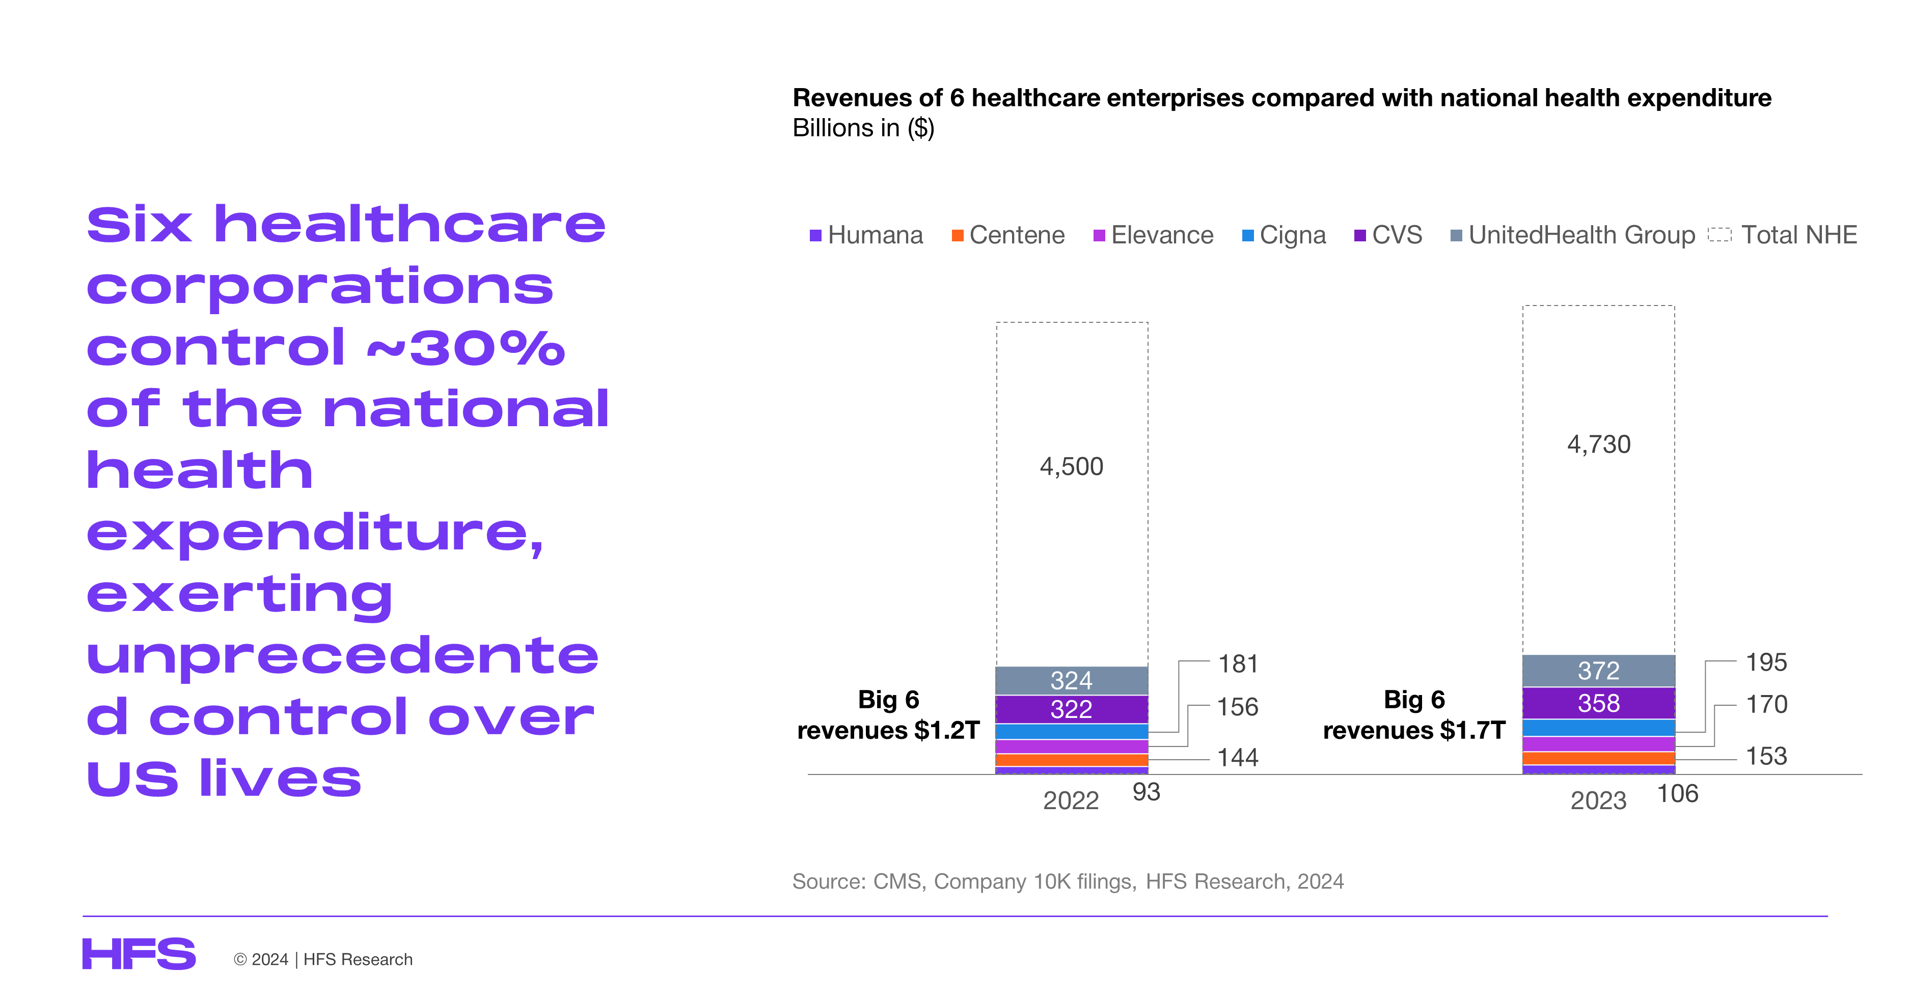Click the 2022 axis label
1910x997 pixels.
click(1071, 800)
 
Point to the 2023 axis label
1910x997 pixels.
click(1599, 800)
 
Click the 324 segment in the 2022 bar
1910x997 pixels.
click(1072, 680)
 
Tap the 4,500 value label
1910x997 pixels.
click(1072, 466)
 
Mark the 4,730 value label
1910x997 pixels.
click(1599, 444)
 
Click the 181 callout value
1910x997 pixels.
click(1238, 663)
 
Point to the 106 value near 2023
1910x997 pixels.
click(1677, 794)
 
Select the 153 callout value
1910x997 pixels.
click(1766, 756)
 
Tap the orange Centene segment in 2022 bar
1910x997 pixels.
click(1072, 760)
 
